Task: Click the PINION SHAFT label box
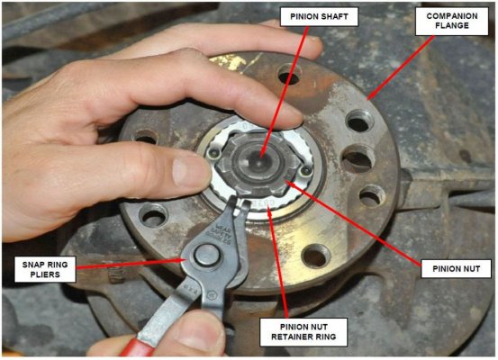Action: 319,17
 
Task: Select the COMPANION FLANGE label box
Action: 452,21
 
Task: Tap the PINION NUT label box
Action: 456,269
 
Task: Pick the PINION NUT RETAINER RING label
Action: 303,332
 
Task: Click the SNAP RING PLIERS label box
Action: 45,269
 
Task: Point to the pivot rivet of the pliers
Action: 207,256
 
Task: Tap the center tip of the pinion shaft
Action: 259,157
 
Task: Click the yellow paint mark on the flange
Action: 231,61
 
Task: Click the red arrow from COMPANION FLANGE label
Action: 401,67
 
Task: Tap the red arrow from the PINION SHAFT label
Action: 285,92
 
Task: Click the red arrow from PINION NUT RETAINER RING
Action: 278,263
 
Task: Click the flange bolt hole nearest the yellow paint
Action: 289,75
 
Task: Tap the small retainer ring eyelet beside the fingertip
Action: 213,154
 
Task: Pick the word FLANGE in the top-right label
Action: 452,25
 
